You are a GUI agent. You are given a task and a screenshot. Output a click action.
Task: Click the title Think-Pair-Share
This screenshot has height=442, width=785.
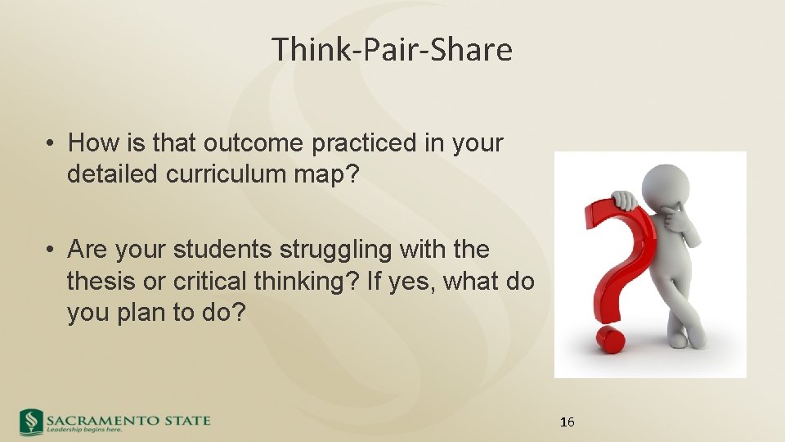[392, 50]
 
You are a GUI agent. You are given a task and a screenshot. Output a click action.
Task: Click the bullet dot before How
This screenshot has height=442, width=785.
[51, 144]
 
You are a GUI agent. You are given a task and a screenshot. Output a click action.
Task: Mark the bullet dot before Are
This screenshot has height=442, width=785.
[51, 250]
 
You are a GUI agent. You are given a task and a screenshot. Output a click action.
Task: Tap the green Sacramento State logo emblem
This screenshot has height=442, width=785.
[32, 422]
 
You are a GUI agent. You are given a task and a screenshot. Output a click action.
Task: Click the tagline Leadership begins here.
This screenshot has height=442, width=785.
[84, 429]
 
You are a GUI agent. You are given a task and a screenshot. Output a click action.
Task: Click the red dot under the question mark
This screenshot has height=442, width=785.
[610, 339]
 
